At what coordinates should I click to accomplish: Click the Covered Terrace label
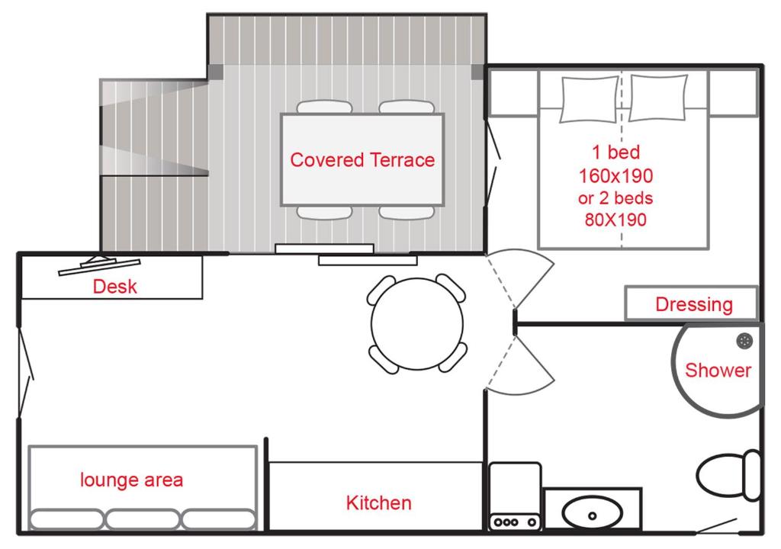(x=362, y=160)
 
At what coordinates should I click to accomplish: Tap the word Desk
(x=114, y=287)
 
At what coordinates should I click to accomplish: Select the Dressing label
(x=694, y=304)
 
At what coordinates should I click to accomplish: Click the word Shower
(x=718, y=370)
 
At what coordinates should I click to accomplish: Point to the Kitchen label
(x=378, y=502)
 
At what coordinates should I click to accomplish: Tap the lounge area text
(x=131, y=480)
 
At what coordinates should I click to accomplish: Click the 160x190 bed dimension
(x=615, y=175)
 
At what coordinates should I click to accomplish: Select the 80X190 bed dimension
(x=615, y=219)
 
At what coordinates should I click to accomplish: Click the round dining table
(x=417, y=324)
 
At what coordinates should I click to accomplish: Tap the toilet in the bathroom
(x=728, y=475)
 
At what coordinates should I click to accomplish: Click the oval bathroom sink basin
(x=592, y=513)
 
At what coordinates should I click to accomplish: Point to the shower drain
(x=744, y=342)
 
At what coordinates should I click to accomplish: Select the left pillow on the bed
(x=590, y=99)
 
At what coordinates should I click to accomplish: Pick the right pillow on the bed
(x=658, y=98)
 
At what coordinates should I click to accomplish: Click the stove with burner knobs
(x=515, y=496)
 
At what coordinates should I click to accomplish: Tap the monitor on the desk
(x=99, y=265)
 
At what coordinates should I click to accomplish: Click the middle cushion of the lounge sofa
(x=142, y=518)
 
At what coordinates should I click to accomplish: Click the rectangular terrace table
(x=362, y=159)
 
